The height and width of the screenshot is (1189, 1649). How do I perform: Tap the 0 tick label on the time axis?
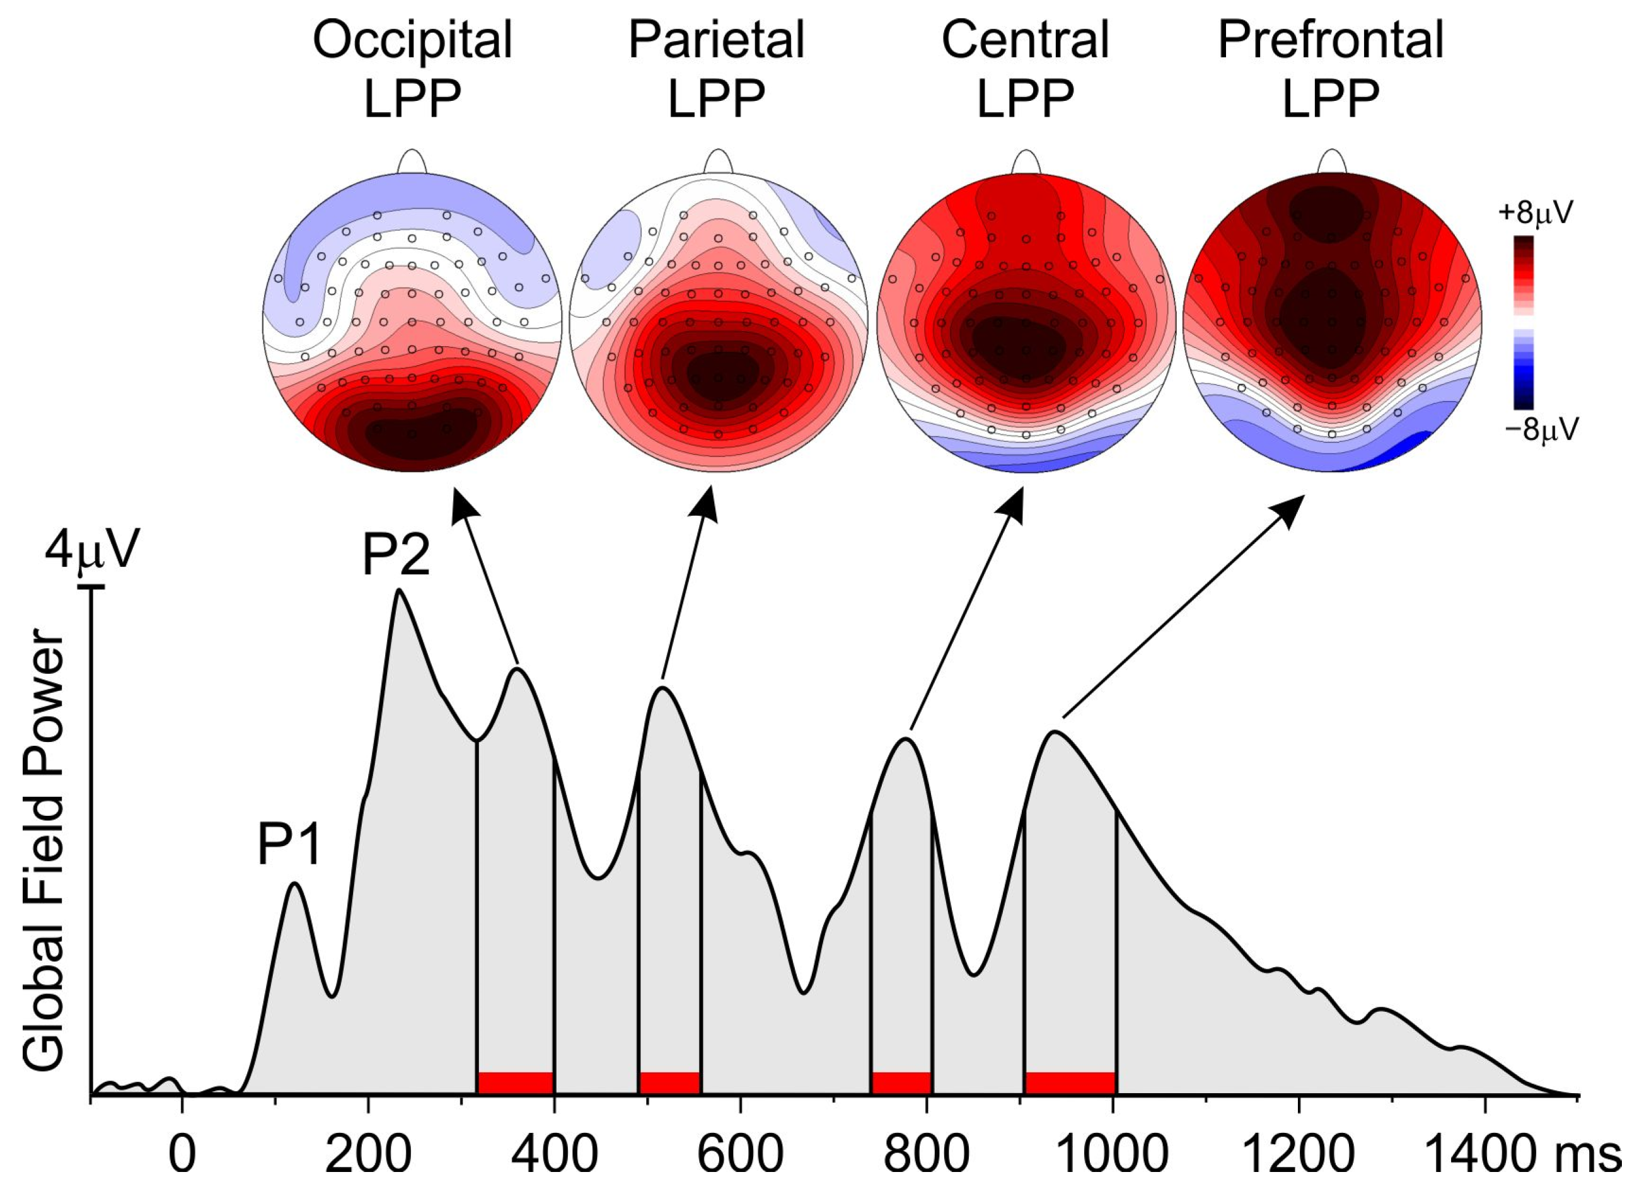183,1155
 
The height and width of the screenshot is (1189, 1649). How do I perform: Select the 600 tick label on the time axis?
739,1155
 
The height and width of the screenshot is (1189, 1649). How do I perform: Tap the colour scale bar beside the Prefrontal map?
1524,322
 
